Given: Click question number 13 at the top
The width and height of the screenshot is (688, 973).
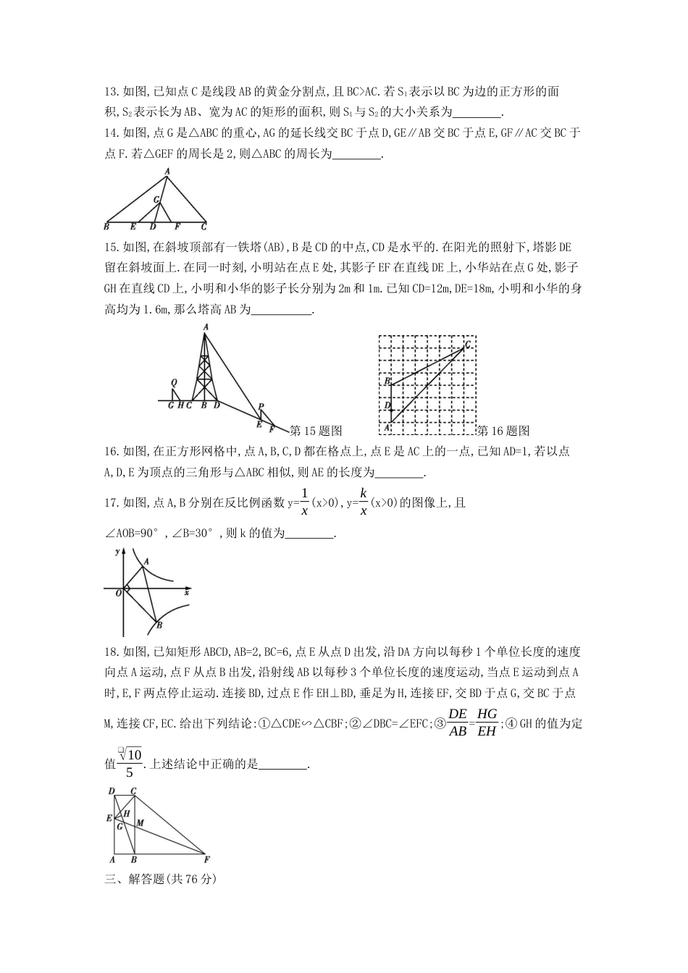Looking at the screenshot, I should coord(112,92).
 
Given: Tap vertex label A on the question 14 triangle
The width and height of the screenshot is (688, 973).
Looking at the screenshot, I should coord(167,172).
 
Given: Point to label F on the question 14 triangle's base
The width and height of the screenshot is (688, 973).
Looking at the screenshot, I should coord(177,227).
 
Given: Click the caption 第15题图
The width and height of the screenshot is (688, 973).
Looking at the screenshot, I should coord(315,431).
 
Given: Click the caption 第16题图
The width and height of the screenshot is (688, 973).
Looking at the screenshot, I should coord(503,431).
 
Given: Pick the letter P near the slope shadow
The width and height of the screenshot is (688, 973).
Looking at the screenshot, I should coord(261,407).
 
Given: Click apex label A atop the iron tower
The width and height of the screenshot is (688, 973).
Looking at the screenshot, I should coord(206,327).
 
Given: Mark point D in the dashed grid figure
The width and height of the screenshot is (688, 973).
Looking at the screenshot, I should coord(387,405).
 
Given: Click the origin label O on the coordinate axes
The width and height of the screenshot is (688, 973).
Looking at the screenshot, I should coord(118,593).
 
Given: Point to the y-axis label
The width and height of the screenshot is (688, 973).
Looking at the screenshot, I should coord(117,552).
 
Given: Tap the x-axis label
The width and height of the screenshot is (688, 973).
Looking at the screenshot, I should coord(187,593).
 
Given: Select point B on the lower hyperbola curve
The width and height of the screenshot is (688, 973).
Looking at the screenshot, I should coord(159,625).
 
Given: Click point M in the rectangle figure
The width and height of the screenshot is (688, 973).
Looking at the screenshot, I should coord(140,823).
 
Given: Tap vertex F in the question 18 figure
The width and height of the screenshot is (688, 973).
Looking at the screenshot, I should coord(207,860).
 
